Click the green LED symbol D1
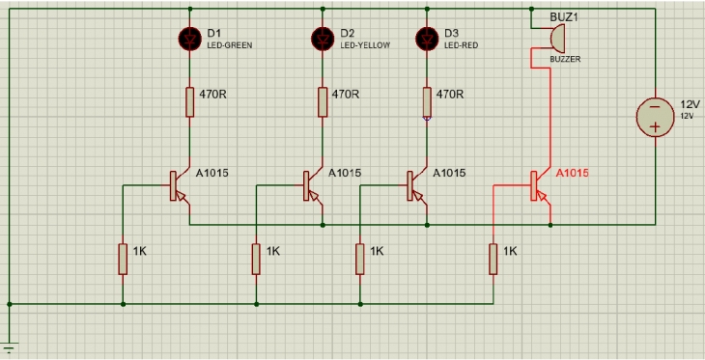pyautogui.click(x=189, y=38)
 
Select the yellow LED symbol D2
pyautogui.click(x=322, y=38)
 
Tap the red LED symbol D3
pyautogui.click(x=427, y=38)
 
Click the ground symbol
pyautogui.click(x=10, y=349)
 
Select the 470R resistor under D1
pyautogui.click(x=189, y=100)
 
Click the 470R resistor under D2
pyautogui.click(x=322, y=100)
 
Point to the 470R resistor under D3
pyautogui.click(x=427, y=100)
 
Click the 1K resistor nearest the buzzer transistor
pyautogui.click(x=493, y=258)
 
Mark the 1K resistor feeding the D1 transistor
pyautogui.click(x=123, y=258)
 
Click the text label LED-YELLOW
pyautogui.click(x=363, y=44)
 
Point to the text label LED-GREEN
pyautogui.click(x=230, y=44)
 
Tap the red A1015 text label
pyautogui.click(x=572, y=173)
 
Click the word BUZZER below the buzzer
pyautogui.click(x=566, y=60)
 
